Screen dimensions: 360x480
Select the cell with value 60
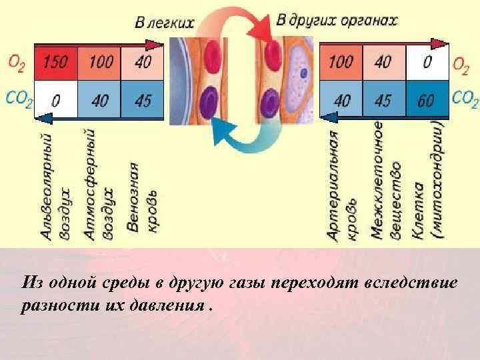tap(425, 100)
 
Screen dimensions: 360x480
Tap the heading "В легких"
tap(165, 22)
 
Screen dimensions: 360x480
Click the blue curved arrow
tap(243, 137)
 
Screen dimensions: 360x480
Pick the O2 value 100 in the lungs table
tap(101, 63)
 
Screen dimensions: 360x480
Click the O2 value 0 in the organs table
tap(425, 62)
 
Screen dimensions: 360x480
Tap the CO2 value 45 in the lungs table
tap(143, 101)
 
